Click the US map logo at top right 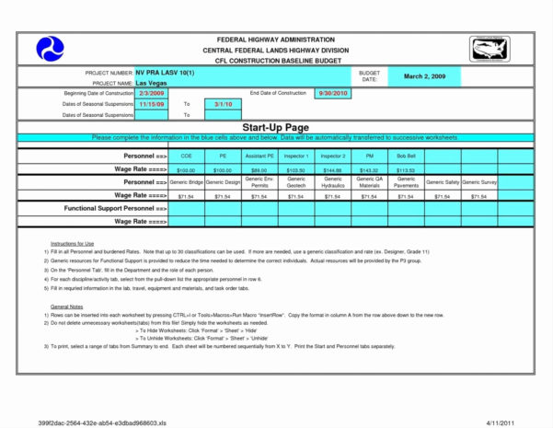click(489, 49)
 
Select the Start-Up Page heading click(276, 125)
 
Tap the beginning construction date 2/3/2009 click(152, 94)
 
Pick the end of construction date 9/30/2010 click(332, 94)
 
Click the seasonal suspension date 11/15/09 click(151, 104)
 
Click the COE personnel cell click(186, 157)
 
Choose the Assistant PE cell click(259, 157)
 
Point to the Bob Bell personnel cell click(406, 157)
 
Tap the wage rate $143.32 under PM click(369, 170)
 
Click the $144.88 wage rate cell click(332, 170)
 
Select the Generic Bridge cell click(186, 183)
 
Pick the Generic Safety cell click(443, 183)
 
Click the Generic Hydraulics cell click(332, 183)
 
